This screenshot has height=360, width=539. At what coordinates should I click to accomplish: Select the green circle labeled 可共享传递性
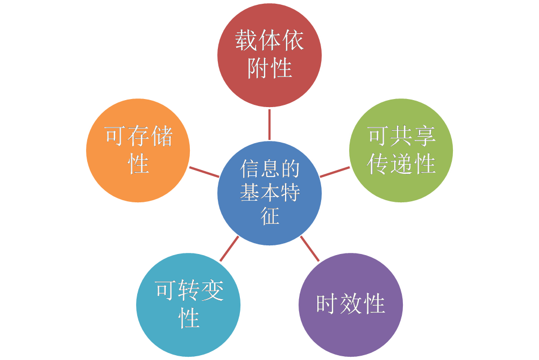tap(401, 150)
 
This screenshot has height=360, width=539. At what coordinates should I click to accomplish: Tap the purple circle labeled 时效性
tap(350, 304)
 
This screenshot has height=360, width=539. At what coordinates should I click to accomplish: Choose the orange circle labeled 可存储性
tap(138, 150)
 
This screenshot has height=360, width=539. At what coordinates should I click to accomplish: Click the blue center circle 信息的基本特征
tap(269, 193)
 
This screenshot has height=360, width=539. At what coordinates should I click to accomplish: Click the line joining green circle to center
tap(335, 172)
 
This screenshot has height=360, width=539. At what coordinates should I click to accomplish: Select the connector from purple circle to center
tap(309, 248)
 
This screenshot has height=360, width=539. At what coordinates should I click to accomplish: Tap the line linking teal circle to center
tap(229, 248)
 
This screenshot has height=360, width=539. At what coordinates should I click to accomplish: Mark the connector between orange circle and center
tap(204, 172)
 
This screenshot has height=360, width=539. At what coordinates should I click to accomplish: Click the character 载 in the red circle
tap(246, 41)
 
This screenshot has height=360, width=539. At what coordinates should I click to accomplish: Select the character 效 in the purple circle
tap(350, 304)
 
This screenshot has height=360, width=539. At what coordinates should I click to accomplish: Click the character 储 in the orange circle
tap(162, 137)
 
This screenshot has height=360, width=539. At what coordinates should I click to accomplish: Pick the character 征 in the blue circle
tap(270, 216)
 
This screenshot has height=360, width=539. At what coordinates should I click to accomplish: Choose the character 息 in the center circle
tap(270, 170)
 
